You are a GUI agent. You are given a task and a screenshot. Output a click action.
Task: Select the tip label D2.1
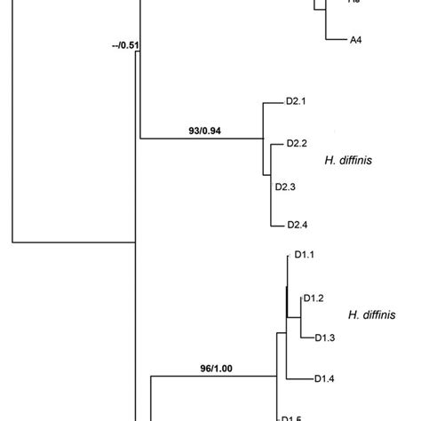296,101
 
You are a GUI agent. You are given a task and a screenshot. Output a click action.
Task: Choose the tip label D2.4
297,226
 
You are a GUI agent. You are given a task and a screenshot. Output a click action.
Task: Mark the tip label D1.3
325,338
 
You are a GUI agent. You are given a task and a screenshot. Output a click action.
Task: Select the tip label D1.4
325,379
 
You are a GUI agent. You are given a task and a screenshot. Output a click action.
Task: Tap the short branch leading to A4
334,40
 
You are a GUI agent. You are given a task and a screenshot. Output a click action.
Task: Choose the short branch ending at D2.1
273,101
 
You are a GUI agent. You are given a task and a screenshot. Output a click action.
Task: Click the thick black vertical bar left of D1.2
286,301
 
